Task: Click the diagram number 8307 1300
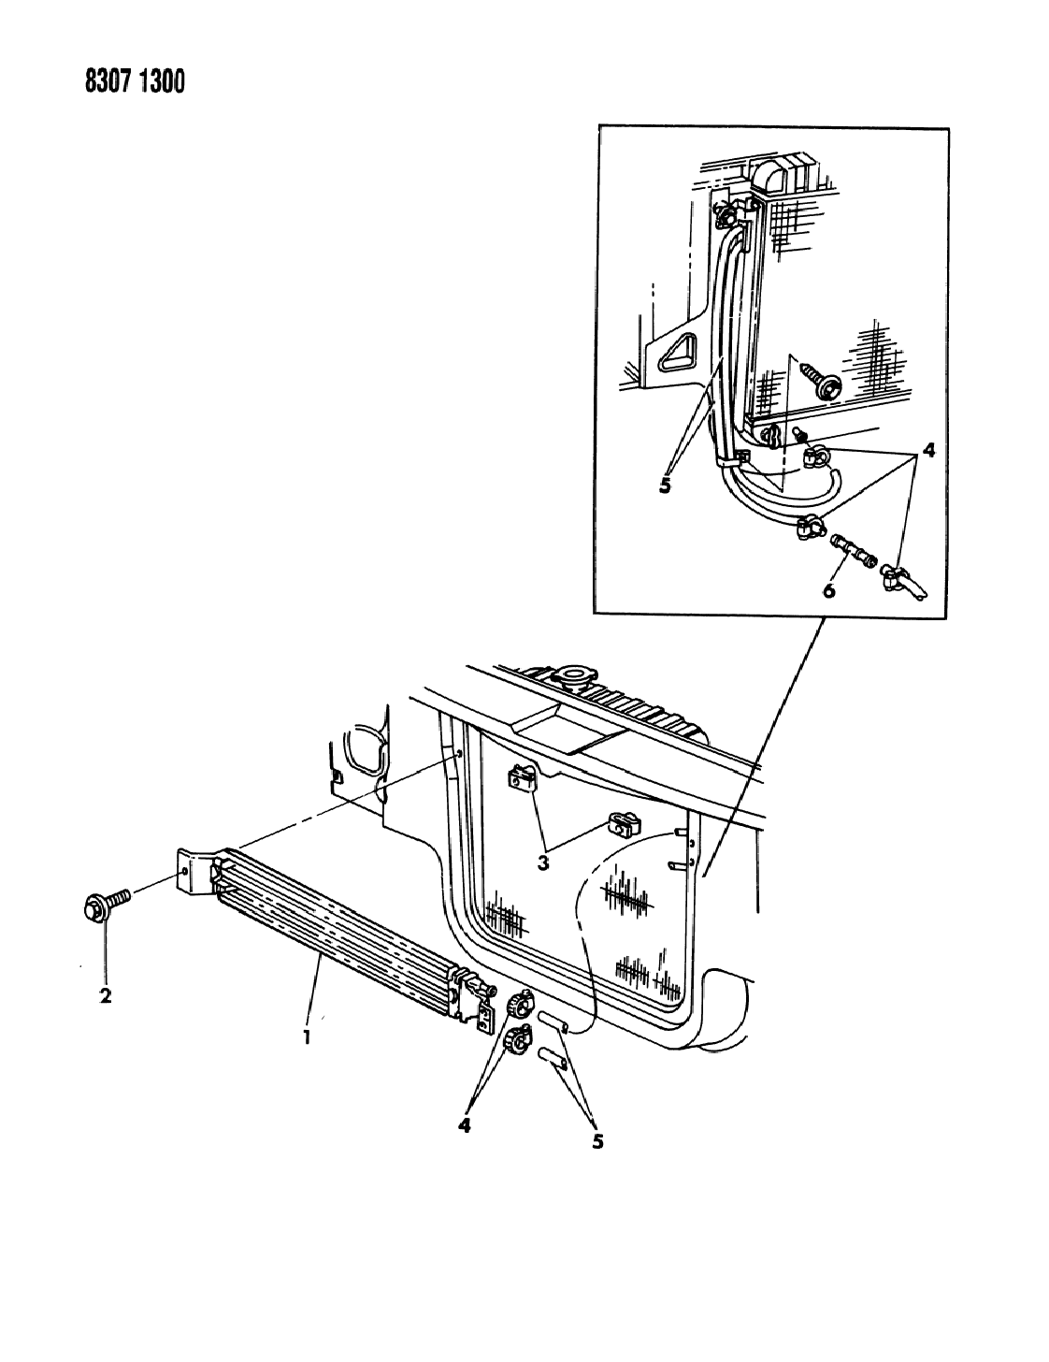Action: [136, 82]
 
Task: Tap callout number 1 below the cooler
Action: [307, 1037]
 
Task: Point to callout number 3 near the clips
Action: [542, 863]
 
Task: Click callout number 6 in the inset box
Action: [828, 590]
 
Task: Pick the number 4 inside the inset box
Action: [928, 450]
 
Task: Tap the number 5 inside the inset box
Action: [665, 485]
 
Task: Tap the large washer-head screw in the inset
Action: [819, 381]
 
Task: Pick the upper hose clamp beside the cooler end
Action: [519, 1007]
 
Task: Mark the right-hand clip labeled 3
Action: [625, 825]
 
